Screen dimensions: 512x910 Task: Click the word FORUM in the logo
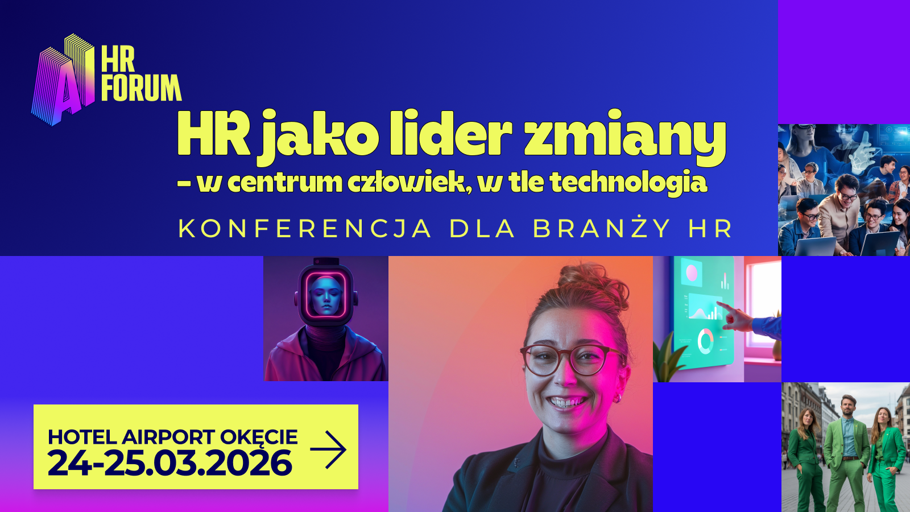click(141, 88)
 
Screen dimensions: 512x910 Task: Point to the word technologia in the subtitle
click(628, 183)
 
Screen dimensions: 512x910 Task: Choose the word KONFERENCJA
click(305, 229)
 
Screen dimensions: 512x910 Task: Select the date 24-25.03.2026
click(169, 463)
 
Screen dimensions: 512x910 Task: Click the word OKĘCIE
click(259, 437)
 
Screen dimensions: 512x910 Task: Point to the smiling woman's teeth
click(566, 403)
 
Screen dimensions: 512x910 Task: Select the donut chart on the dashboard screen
click(705, 341)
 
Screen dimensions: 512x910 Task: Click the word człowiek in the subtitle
click(409, 183)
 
